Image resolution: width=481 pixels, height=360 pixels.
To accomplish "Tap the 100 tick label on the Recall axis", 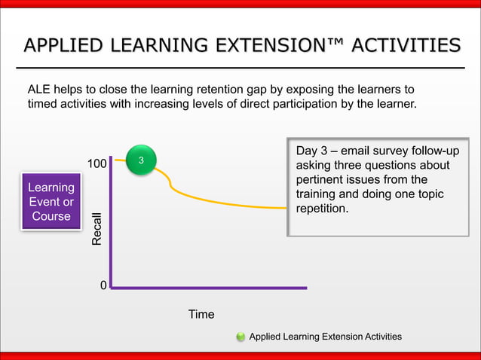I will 96,163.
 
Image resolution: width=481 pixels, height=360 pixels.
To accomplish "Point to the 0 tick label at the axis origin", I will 103,287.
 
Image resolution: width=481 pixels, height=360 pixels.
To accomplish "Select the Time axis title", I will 201,314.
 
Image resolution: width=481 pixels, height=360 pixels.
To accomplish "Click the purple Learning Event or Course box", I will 51,201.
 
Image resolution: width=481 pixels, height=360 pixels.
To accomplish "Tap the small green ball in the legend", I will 240,337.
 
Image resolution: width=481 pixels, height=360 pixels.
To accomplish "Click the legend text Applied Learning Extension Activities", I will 325,337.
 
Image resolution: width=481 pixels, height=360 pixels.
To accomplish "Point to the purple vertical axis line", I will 112,226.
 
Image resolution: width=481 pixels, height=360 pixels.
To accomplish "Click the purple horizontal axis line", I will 211,287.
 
